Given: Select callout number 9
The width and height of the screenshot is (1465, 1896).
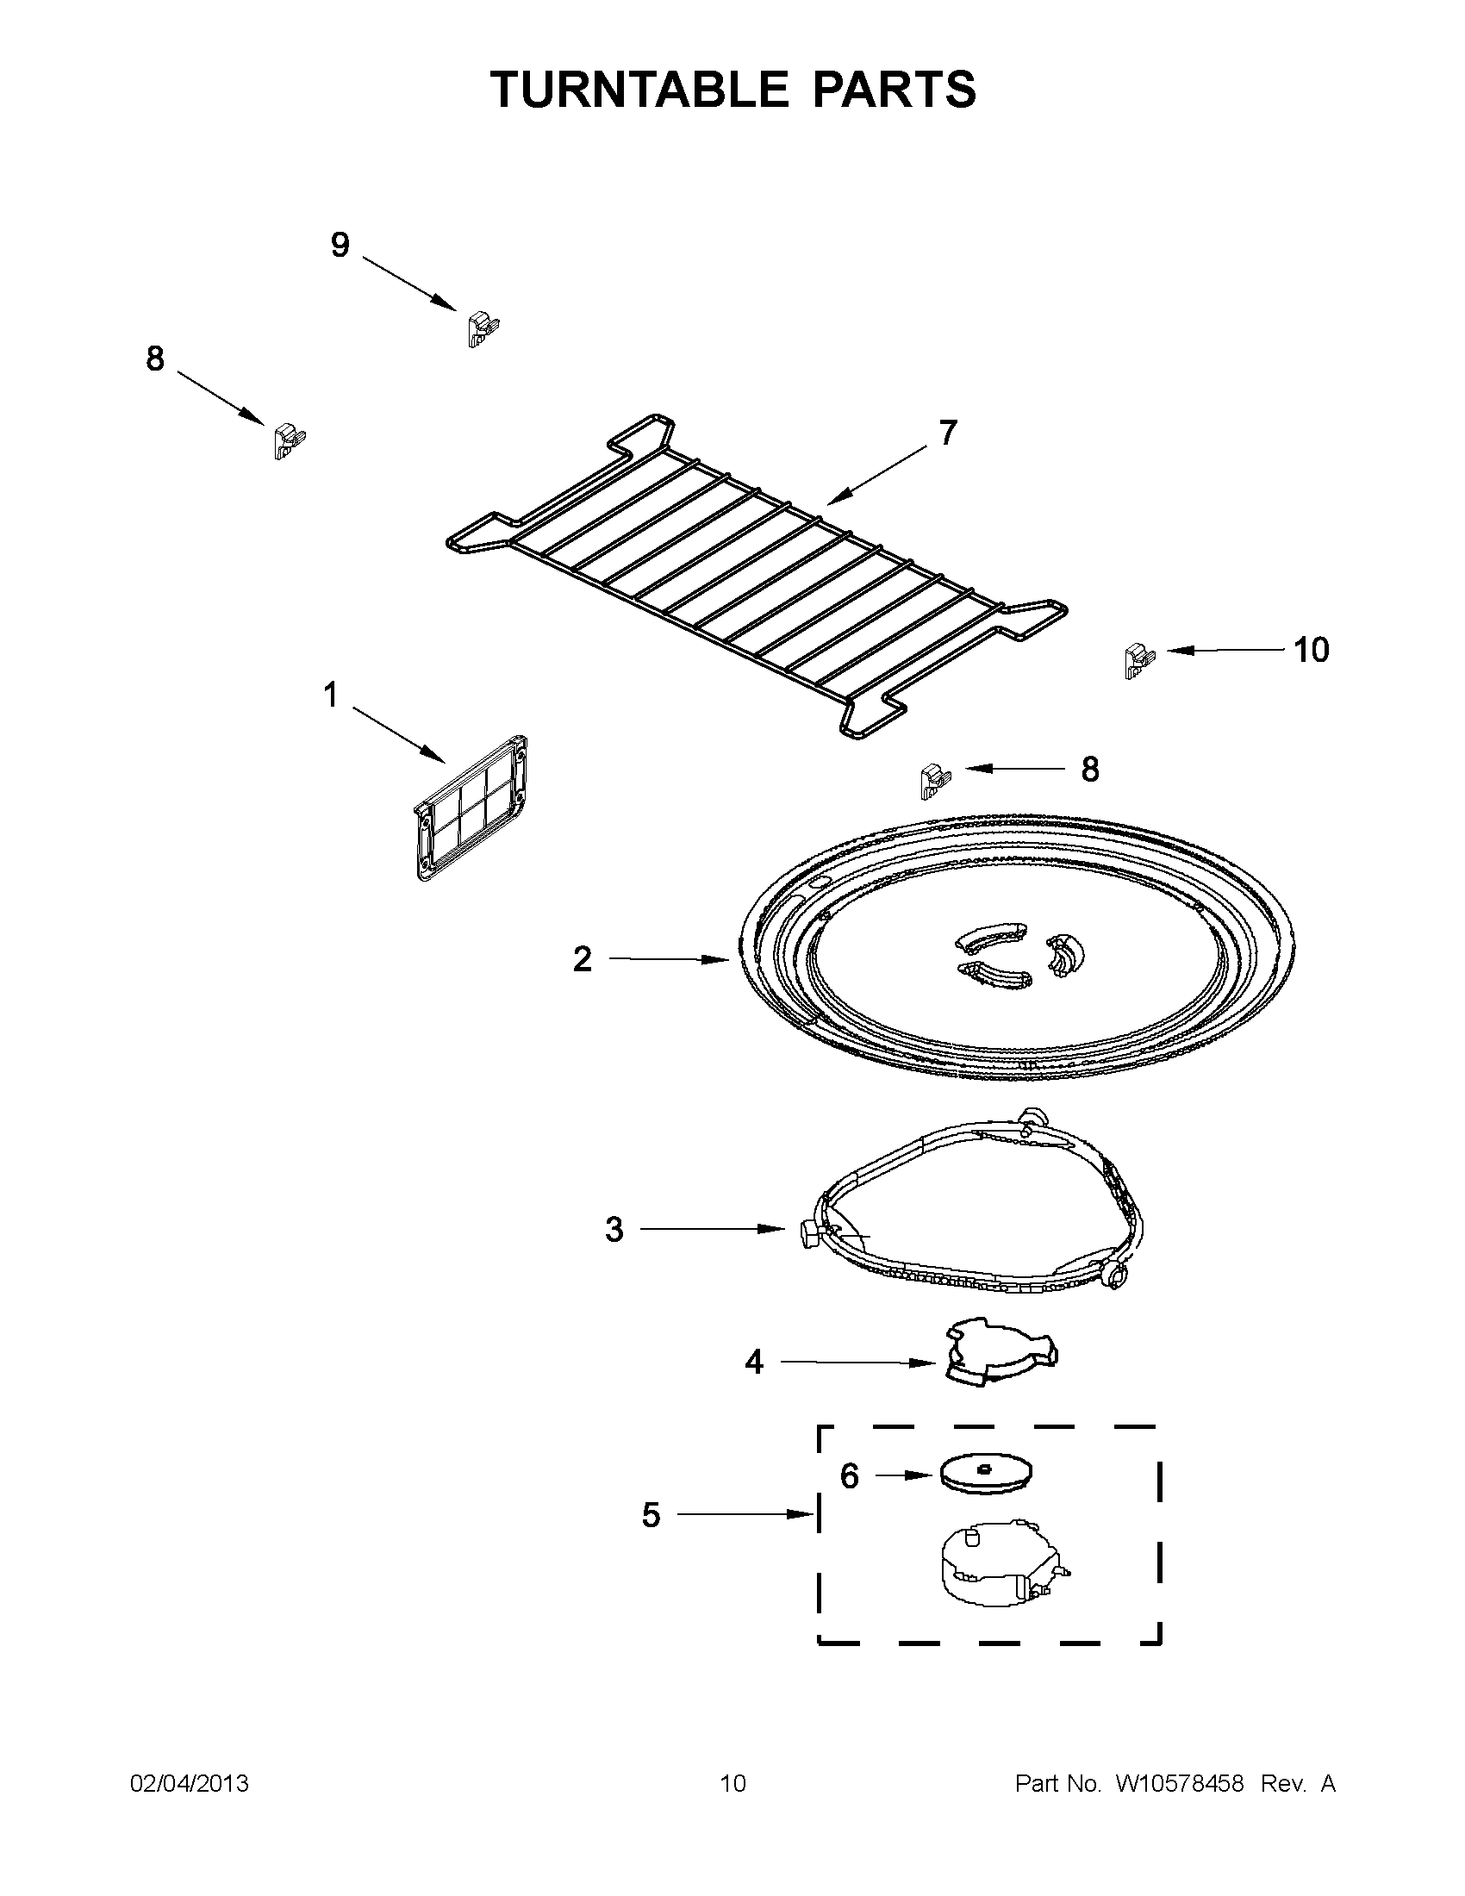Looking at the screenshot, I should (x=340, y=246).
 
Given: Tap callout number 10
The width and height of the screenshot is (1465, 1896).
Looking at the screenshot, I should (x=1311, y=650).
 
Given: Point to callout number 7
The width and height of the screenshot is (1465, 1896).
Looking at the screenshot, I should (x=948, y=433).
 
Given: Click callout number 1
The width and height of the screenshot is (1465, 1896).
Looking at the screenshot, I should (x=331, y=695).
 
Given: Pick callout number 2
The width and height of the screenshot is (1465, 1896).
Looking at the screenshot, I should (x=583, y=959).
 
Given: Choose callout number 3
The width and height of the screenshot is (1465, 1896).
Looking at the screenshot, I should (x=614, y=1229).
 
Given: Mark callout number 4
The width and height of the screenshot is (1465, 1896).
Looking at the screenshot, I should (x=754, y=1362).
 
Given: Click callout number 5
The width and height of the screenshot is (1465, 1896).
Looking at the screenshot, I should (x=651, y=1515).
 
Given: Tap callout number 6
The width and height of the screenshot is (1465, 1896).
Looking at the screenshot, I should (x=849, y=1475).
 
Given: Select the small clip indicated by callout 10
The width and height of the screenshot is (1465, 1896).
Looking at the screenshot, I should (x=1138, y=661).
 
